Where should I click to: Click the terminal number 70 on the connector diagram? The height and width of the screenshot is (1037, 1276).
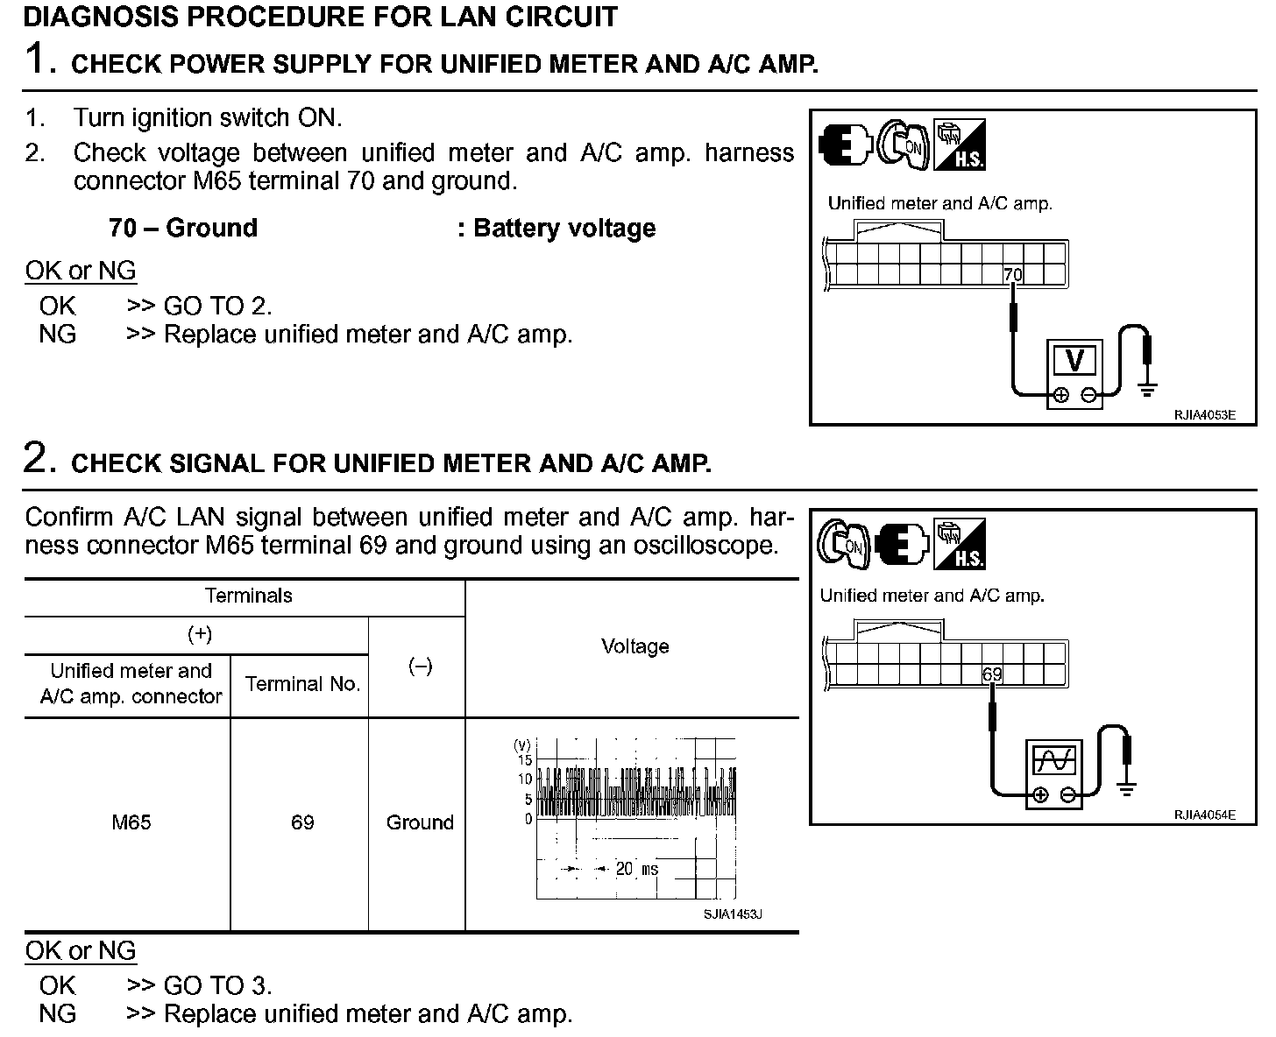click(1012, 275)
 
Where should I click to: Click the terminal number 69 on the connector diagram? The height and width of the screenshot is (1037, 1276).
click(991, 674)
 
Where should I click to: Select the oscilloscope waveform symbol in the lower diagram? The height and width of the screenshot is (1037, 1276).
click(1053, 760)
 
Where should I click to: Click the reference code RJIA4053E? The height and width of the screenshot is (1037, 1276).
click(1204, 415)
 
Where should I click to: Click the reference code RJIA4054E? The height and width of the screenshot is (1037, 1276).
click(1204, 815)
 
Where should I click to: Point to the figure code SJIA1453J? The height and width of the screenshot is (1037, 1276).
click(733, 914)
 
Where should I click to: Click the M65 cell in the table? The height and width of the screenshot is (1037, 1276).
click(131, 822)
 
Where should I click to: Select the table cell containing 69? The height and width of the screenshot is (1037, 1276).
click(302, 822)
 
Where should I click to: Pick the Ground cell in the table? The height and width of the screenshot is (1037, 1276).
click(420, 822)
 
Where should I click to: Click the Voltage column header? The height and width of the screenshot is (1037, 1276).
click(634, 646)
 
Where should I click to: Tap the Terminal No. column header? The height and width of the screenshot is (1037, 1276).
click(302, 684)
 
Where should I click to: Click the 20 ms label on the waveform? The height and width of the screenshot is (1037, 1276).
click(636, 869)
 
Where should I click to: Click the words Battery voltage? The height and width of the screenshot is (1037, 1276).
click(564, 229)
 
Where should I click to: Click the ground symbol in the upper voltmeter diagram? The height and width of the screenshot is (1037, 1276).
click(1146, 389)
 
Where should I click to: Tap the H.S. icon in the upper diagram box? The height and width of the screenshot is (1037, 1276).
click(959, 145)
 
